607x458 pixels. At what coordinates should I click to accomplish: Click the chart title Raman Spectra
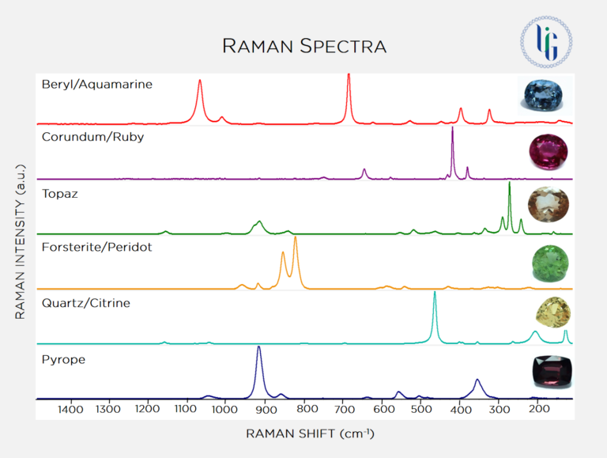pyautogui.click(x=304, y=46)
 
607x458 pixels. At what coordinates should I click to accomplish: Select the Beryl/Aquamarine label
pyautogui.click(x=97, y=83)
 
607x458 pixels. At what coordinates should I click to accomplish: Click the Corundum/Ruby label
pyautogui.click(x=93, y=137)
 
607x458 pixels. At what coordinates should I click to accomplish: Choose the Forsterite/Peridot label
pyautogui.click(x=96, y=247)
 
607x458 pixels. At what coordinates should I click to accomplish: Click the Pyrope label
pyautogui.click(x=63, y=360)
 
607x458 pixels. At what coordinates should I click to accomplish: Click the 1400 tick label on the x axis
pyautogui.click(x=70, y=410)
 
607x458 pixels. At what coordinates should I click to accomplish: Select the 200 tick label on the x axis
pyautogui.click(x=537, y=410)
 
